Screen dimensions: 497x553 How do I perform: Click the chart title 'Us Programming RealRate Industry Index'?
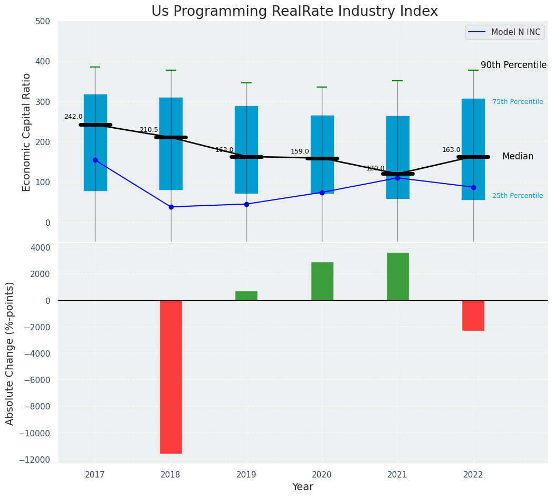(x=294, y=12)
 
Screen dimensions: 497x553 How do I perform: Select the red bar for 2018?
(x=171, y=377)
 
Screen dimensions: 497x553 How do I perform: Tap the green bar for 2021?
(x=397, y=276)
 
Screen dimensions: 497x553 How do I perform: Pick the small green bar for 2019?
(x=246, y=296)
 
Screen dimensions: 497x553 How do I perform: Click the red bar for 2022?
(x=473, y=316)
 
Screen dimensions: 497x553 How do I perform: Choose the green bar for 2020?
(x=322, y=281)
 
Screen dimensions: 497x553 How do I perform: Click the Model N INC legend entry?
(x=504, y=32)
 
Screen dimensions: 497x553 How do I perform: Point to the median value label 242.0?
(x=73, y=117)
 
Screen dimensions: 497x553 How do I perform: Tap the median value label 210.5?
(x=149, y=130)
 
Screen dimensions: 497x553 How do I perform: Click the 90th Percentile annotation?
(x=513, y=65)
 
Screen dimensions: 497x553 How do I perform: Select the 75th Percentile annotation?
(x=518, y=102)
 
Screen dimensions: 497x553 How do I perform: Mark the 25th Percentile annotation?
(x=518, y=196)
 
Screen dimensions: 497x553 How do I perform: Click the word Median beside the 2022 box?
(x=518, y=157)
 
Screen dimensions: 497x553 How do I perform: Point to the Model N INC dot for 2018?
(x=171, y=207)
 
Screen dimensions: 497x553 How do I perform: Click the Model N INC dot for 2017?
(x=95, y=160)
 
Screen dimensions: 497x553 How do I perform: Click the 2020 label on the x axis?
(x=322, y=475)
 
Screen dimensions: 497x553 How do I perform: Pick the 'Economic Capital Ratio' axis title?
(x=27, y=132)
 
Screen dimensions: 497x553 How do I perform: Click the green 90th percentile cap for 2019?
(x=246, y=83)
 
